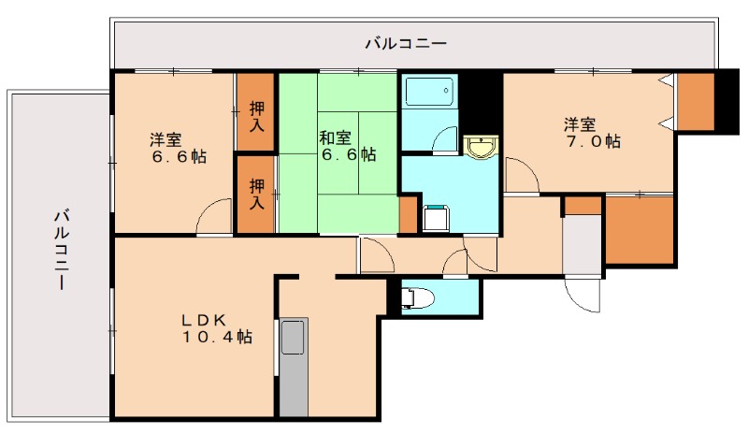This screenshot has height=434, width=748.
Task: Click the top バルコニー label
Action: pyautogui.click(x=405, y=43)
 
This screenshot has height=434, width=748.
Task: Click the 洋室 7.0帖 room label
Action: pyautogui.click(x=591, y=132)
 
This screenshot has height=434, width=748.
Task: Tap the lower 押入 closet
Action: pyautogui.click(x=255, y=194)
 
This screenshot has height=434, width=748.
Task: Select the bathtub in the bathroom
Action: pyautogui.click(x=429, y=93)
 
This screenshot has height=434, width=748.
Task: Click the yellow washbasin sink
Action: pyautogui.click(x=482, y=147)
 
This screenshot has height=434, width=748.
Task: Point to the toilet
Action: pyautogui.click(x=416, y=298)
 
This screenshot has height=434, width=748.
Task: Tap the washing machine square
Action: pyautogui.click(x=436, y=218)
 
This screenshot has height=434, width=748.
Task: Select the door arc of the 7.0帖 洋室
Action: pyautogui.click(x=521, y=178)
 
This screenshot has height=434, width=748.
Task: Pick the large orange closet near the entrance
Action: pyautogui.click(x=640, y=230)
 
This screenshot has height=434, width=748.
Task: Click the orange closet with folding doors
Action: pyautogui.click(x=695, y=103)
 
